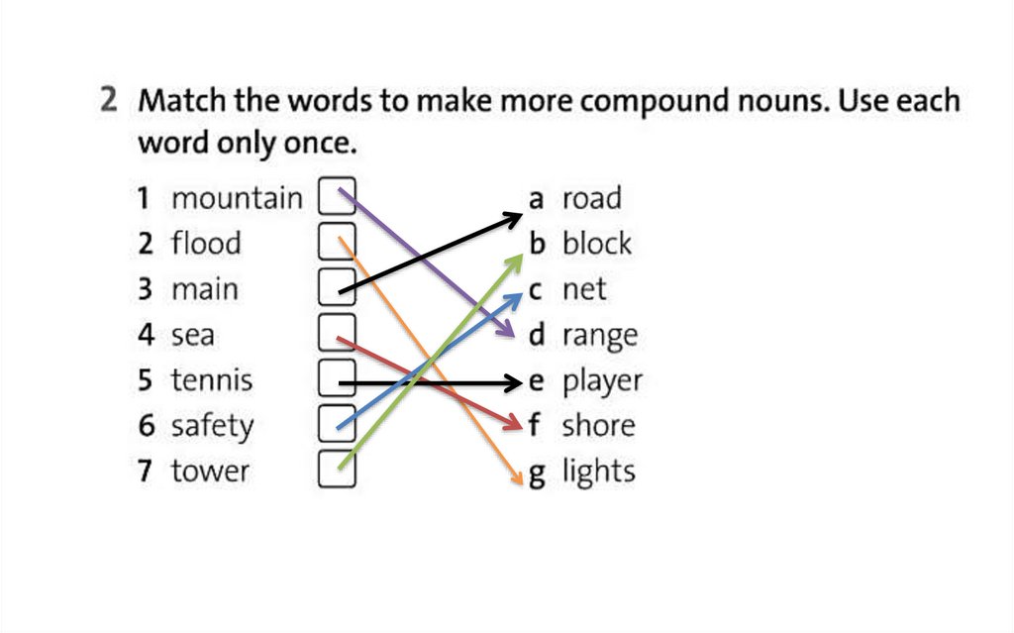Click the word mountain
[237, 199]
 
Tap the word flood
[206, 244]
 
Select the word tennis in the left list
[212, 380]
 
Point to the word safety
[212, 427]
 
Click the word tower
[210, 471]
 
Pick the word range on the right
[599, 337]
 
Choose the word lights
[598, 472]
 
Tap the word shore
[598, 426]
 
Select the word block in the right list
[596, 244]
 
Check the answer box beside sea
[336, 333]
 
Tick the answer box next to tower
[336, 470]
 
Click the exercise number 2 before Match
[110, 101]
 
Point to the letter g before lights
[537, 474]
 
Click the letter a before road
[537, 199]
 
